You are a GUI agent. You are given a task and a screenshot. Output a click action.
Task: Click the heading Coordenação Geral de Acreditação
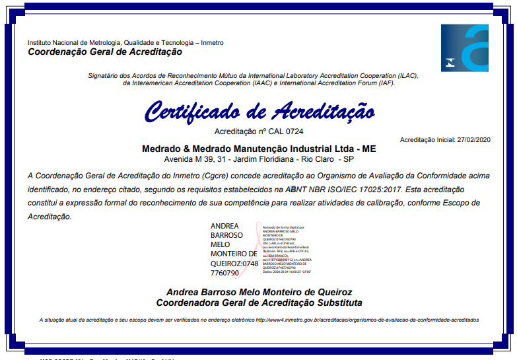coord(105,52)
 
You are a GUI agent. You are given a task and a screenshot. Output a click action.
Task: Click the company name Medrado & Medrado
coord(191,149)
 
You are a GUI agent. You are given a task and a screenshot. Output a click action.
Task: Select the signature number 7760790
coord(224,272)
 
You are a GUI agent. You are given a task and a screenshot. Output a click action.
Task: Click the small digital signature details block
coord(287,248)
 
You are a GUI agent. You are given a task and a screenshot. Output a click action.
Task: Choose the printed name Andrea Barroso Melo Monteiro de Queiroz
coord(259,292)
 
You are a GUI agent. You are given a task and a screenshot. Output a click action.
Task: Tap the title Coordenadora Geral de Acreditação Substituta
coord(259,303)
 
